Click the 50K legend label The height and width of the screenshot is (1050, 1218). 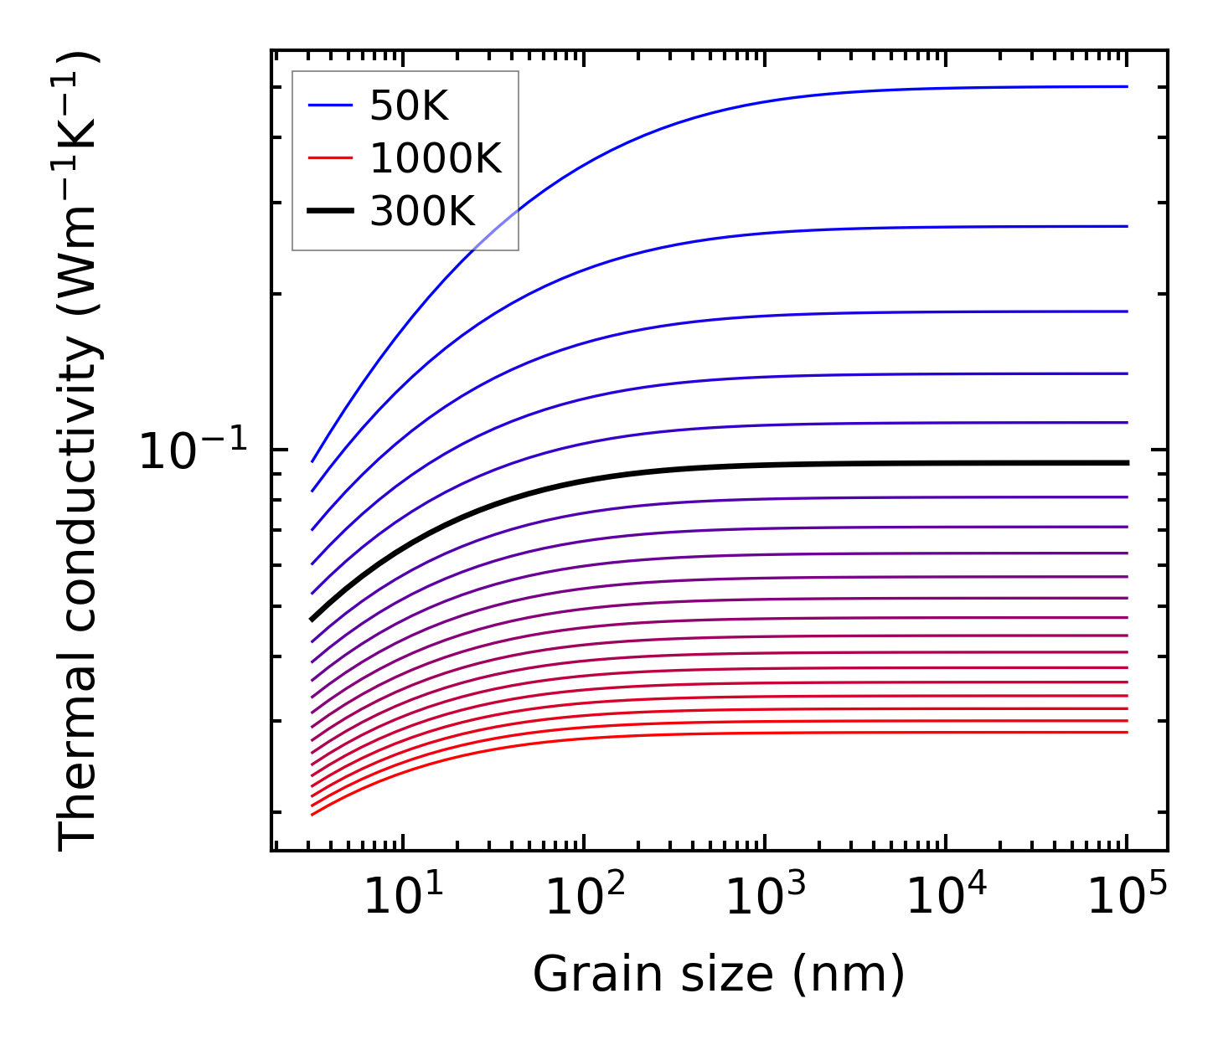pyautogui.click(x=409, y=106)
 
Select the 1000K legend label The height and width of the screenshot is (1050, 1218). pyautogui.click(x=436, y=158)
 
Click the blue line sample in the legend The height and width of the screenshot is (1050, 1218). pyautogui.click(x=330, y=106)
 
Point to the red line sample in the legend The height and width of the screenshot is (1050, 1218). pyautogui.click(x=330, y=158)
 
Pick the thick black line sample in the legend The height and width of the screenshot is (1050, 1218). pyautogui.click(x=330, y=211)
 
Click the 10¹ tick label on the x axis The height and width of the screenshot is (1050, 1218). pyautogui.click(x=403, y=898)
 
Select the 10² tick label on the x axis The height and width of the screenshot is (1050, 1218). pyautogui.click(x=584, y=898)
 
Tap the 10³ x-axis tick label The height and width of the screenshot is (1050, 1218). pyautogui.click(x=765, y=898)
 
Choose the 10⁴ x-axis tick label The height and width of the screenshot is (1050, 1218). pyautogui.click(x=946, y=898)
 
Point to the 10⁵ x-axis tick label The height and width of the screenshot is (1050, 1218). pyautogui.click(x=1127, y=898)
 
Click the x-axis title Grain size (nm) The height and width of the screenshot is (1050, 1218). pyautogui.click(x=719, y=975)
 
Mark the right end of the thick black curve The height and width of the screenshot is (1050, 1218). pyautogui.click(x=1128, y=463)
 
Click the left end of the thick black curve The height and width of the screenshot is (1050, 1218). pyautogui.click(x=312, y=620)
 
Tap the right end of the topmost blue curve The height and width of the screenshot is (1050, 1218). pyautogui.click(x=1128, y=86)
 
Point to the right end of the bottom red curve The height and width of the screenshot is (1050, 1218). pyautogui.click(x=1128, y=733)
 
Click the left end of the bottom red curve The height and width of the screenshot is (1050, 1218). pyautogui.click(x=312, y=814)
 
